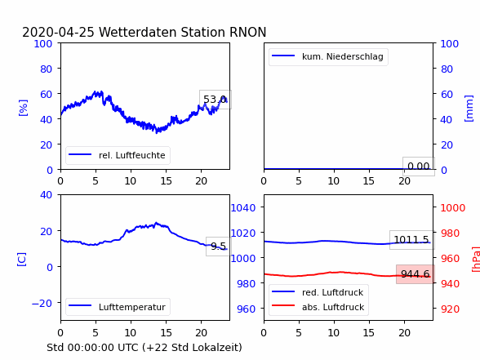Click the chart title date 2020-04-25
point(58,32)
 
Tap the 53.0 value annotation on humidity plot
point(216,100)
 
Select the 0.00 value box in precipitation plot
point(419,167)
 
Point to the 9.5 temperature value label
point(218,247)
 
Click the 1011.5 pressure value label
point(411,240)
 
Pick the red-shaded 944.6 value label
point(415,274)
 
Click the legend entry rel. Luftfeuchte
point(118,155)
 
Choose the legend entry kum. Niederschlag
point(327,56)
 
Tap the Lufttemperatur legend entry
point(118,307)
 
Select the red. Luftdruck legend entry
point(318,292)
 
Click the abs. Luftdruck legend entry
point(318,307)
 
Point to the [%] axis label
point(23,108)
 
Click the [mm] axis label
point(469,109)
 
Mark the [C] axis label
point(22,260)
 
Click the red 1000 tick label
point(453,208)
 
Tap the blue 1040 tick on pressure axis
point(243,208)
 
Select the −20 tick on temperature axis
point(42,304)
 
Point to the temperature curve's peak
point(156,223)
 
